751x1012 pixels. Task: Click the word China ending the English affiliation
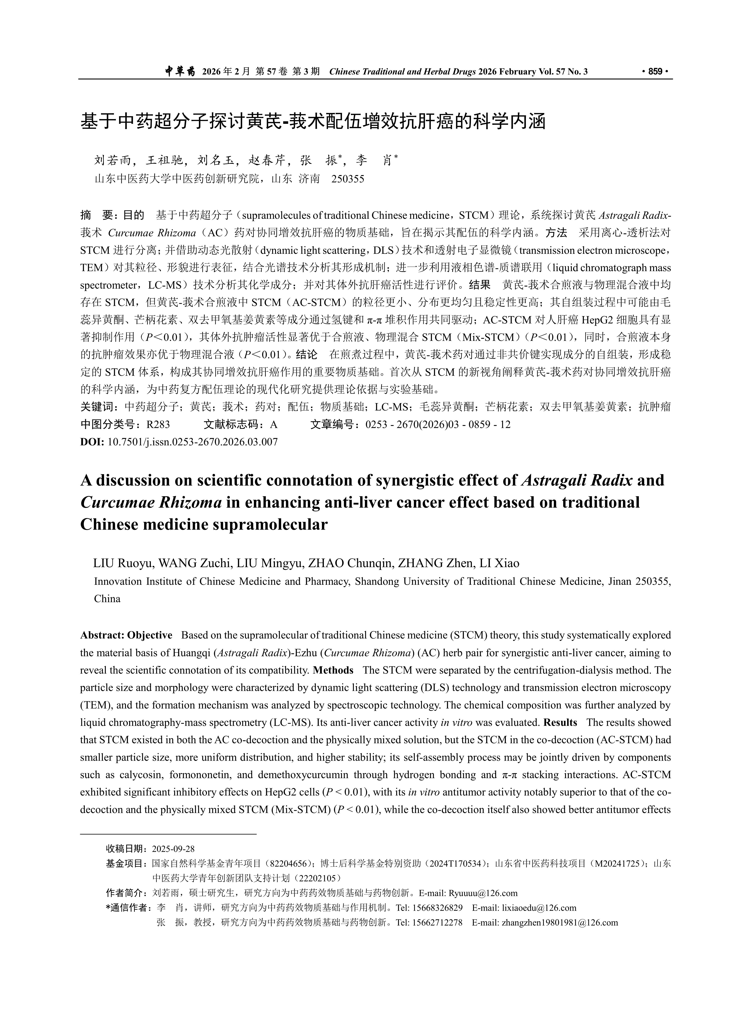pyautogui.click(x=107, y=599)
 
